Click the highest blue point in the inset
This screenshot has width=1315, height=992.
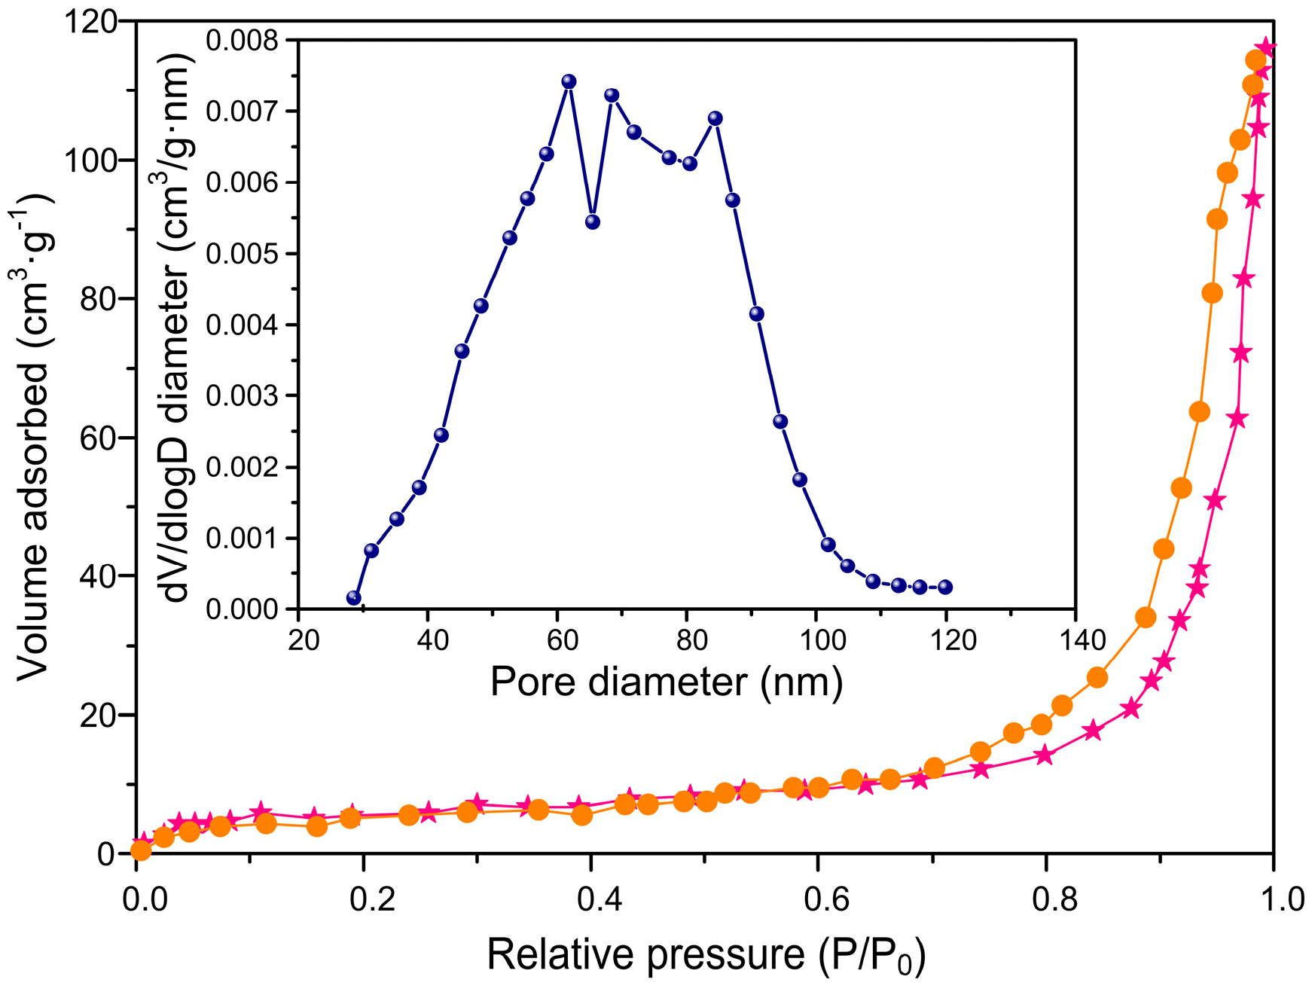569,81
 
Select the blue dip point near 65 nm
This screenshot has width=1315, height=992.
593,222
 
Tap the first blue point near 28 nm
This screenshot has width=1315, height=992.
354,598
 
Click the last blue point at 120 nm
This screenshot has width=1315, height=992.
946,588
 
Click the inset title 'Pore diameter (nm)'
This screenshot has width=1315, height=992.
666,682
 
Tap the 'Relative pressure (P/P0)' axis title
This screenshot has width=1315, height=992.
706,955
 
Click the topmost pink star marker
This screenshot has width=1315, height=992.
1266,48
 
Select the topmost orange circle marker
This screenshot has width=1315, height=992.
1256,60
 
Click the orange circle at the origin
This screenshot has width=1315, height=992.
141,850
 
